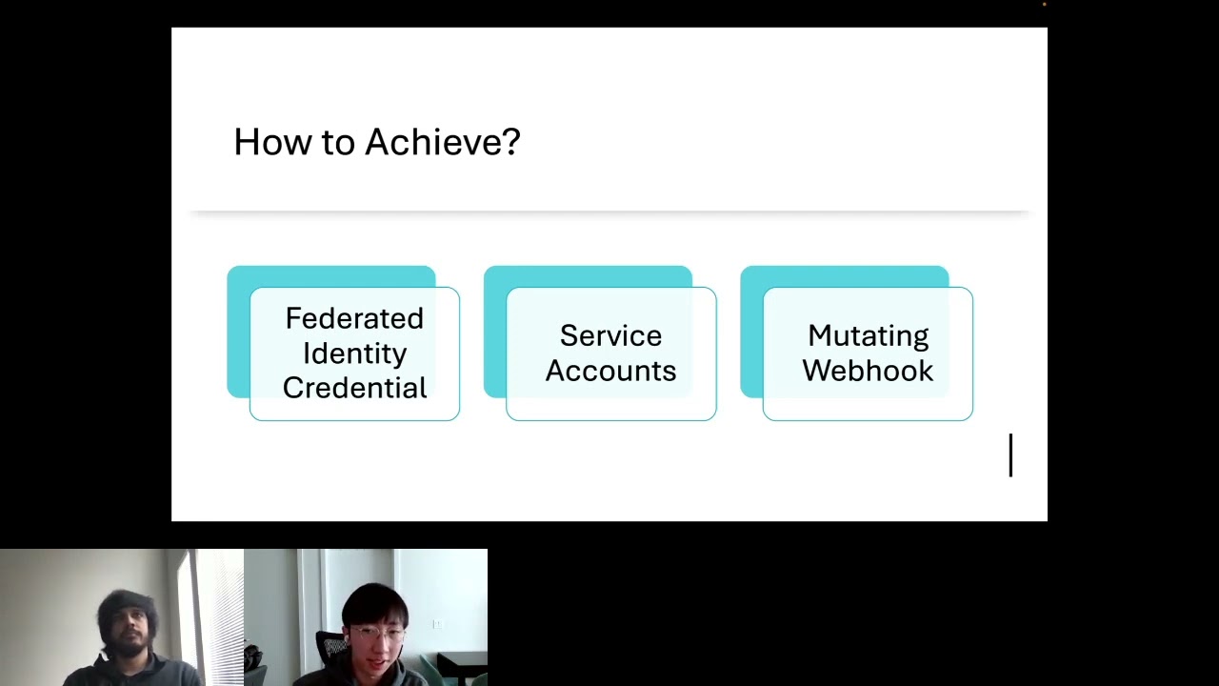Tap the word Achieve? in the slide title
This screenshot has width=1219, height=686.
pos(442,142)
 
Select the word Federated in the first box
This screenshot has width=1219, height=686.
pos(354,318)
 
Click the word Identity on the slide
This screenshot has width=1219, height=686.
pos(354,353)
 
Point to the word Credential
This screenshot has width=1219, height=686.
pos(354,388)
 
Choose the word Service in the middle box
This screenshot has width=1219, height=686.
pos(610,335)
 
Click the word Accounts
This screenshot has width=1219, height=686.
pos(610,371)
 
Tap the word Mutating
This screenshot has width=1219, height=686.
pos(868,335)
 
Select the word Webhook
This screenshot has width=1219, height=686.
pos(868,371)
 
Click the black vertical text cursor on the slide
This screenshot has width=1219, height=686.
pos(1010,455)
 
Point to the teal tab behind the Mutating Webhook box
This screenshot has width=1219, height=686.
pos(844,276)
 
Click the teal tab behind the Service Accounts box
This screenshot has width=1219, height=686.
pos(588,276)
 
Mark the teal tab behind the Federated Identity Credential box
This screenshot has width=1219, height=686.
pos(330,276)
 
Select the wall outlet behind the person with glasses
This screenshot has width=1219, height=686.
pos(437,624)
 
